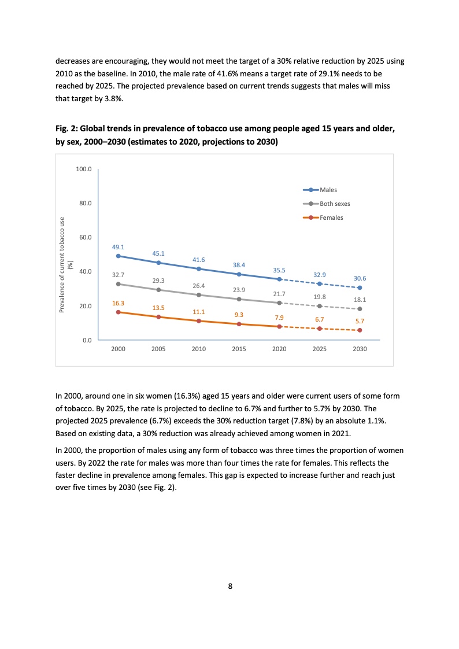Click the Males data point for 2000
tap(118, 256)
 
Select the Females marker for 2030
tap(360, 330)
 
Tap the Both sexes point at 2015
tap(239, 299)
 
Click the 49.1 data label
tap(118, 246)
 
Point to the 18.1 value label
tap(360, 300)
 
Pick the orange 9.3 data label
tap(239, 315)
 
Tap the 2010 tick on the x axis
tap(198, 349)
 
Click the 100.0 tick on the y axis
tap(84, 169)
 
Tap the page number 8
tap(230, 586)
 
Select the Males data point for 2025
tap(319, 283)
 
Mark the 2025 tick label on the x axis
tap(319, 349)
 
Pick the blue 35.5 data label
tap(279, 270)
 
